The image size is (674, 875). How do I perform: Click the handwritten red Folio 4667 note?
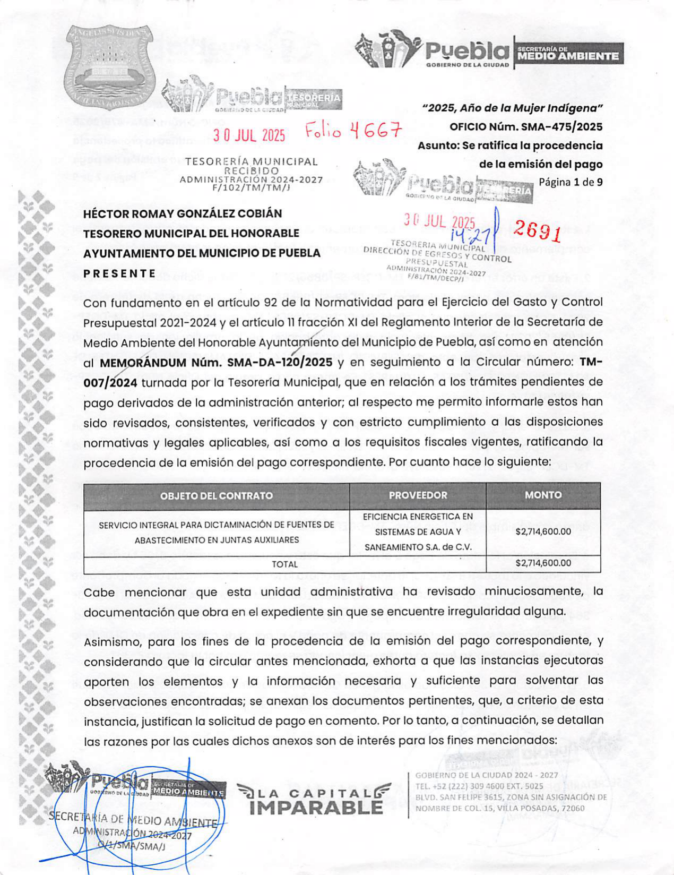click(x=353, y=130)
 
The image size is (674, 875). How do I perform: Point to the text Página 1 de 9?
click(x=571, y=182)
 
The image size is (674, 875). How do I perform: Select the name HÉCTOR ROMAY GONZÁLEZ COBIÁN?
click(x=183, y=213)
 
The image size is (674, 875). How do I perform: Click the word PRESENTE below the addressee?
click(x=119, y=274)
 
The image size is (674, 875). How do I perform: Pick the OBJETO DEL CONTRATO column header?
click(x=217, y=496)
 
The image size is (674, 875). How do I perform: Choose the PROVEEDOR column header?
click(x=418, y=495)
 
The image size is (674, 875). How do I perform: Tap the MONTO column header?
click(x=543, y=495)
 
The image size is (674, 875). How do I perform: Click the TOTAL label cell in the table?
click(x=284, y=564)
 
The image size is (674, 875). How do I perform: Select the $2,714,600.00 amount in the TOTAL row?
click(x=543, y=563)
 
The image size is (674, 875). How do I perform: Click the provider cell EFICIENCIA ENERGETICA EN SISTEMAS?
click(x=418, y=531)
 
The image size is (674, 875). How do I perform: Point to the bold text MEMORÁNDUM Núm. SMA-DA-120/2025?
click(x=216, y=363)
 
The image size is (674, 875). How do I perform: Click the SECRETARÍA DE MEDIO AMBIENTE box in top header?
click(x=568, y=54)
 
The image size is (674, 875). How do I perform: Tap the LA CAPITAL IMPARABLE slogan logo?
click(x=315, y=800)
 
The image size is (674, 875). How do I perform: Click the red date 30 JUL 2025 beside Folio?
click(x=249, y=135)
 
